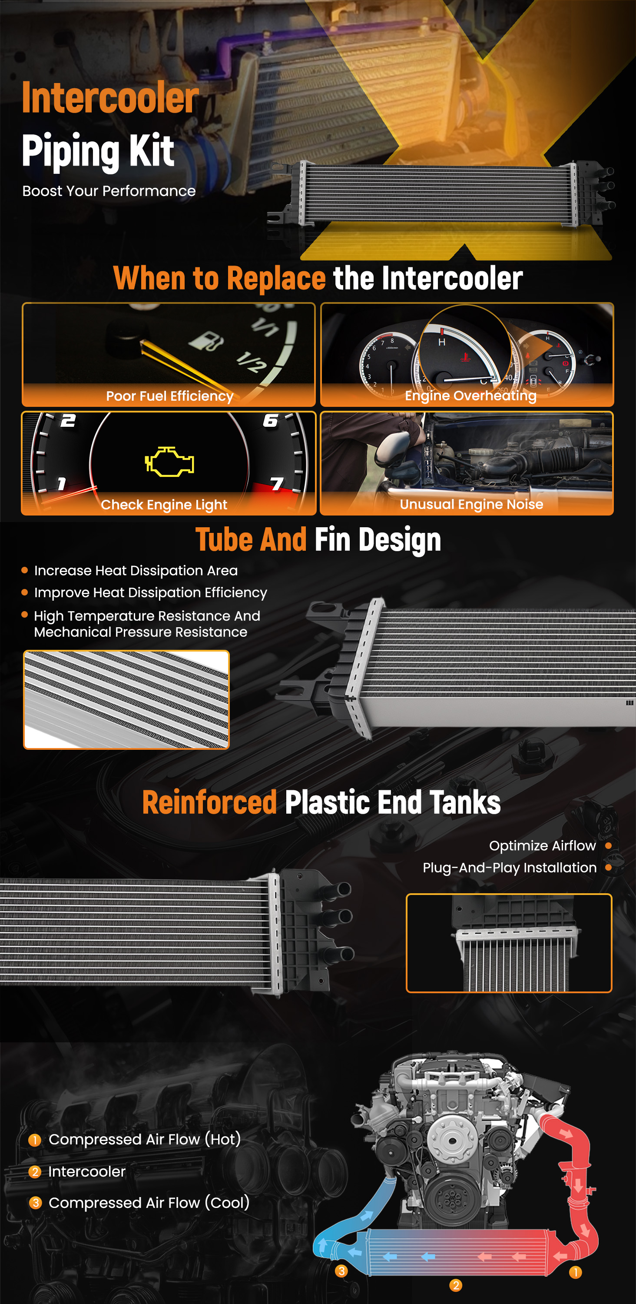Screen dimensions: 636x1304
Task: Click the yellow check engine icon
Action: pyautogui.click(x=169, y=461)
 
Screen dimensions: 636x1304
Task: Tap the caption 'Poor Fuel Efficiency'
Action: pyautogui.click(x=169, y=396)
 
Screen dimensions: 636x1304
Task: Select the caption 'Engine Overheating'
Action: pyautogui.click(x=470, y=396)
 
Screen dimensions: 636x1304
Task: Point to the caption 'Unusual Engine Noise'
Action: pyautogui.click(x=471, y=504)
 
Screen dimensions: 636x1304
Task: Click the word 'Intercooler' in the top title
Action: pyautogui.click(x=110, y=97)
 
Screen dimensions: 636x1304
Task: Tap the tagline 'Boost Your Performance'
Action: pyautogui.click(x=109, y=191)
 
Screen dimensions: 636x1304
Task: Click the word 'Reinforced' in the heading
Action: pyautogui.click(x=209, y=802)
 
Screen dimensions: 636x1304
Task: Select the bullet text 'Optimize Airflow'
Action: pyautogui.click(x=543, y=846)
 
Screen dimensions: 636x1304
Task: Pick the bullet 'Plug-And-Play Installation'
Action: pyautogui.click(x=510, y=868)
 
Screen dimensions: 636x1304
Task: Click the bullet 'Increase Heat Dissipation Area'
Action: pyautogui.click(x=136, y=570)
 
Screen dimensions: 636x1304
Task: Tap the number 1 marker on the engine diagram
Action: pyautogui.click(x=575, y=1272)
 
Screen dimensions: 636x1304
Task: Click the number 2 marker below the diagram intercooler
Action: pyautogui.click(x=455, y=1285)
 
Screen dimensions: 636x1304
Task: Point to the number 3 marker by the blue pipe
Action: pyautogui.click(x=341, y=1271)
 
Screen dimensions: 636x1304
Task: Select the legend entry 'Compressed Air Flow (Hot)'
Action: pyautogui.click(x=145, y=1140)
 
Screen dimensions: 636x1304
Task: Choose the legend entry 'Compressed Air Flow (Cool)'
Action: pyautogui.click(x=149, y=1203)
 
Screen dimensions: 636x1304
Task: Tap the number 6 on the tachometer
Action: pyautogui.click(x=270, y=420)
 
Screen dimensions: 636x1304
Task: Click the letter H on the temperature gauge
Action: pyautogui.click(x=442, y=343)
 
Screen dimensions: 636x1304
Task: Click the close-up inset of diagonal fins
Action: pyautogui.click(x=126, y=699)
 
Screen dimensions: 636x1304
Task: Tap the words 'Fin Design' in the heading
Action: pyautogui.click(x=378, y=539)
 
